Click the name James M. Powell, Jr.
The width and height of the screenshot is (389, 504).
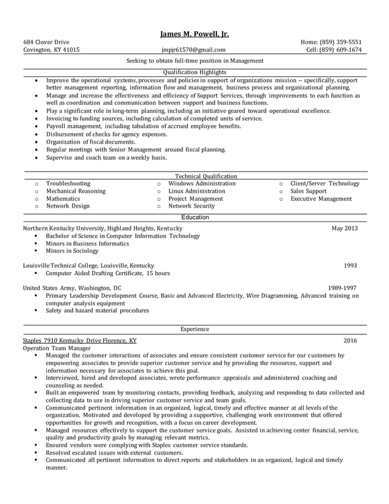194,34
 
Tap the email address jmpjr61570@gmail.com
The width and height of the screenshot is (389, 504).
193,50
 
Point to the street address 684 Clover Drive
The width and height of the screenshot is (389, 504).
46,41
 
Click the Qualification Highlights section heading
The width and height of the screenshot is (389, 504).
194,72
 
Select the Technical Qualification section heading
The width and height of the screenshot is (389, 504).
205,176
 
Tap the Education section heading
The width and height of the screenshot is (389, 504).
195,217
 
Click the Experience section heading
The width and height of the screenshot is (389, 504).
194,329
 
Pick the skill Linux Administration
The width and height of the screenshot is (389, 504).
196,191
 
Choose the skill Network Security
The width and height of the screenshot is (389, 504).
191,206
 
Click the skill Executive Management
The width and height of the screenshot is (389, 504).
321,199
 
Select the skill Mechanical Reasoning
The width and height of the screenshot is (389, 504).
76,191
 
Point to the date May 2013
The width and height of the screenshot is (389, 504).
344,228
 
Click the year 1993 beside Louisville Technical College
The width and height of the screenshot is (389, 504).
350,265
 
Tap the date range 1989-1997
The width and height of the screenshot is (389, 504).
342,287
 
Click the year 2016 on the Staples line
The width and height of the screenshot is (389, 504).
350,340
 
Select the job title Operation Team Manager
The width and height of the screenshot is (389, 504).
56,348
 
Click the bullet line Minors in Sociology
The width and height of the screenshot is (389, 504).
72,251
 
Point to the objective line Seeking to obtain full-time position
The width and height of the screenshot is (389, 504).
194,61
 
